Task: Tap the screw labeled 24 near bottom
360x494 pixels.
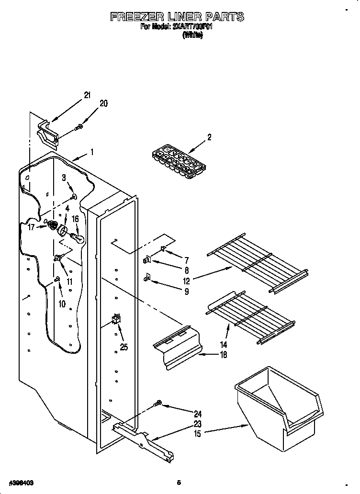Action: pyautogui.click(x=157, y=405)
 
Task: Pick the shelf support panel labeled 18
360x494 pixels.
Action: pyautogui.click(x=177, y=347)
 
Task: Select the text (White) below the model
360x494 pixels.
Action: pyautogui.click(x=192, y=36)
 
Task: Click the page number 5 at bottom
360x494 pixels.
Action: pyautogui.click(x=179, y=483)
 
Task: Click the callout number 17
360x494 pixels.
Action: pyautogui.click(x=31, y=227)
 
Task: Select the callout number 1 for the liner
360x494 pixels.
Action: pyautogui.click(x=92, y=153)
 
